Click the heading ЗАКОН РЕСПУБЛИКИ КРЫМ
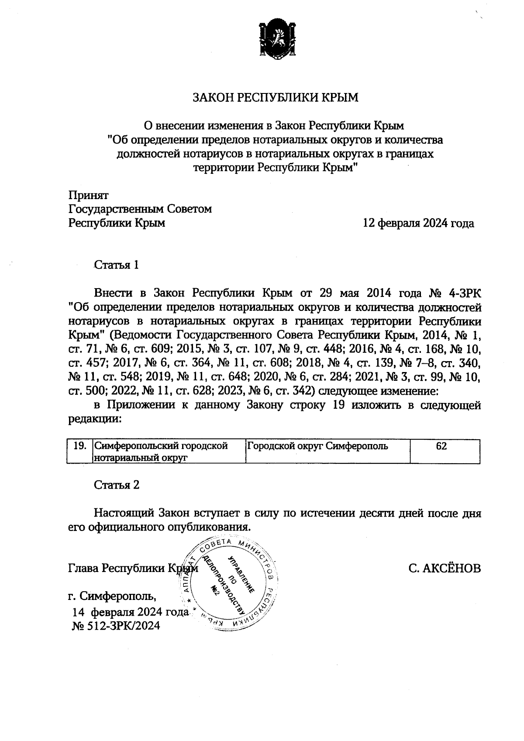(275, 97)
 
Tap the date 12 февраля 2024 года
(418, 224)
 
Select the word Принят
(89, 195)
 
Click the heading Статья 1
(117, 265)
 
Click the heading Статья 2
(117, 485)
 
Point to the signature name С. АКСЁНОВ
(445, 569)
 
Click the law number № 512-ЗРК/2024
(116, 626)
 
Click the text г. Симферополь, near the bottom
(112, 596)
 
